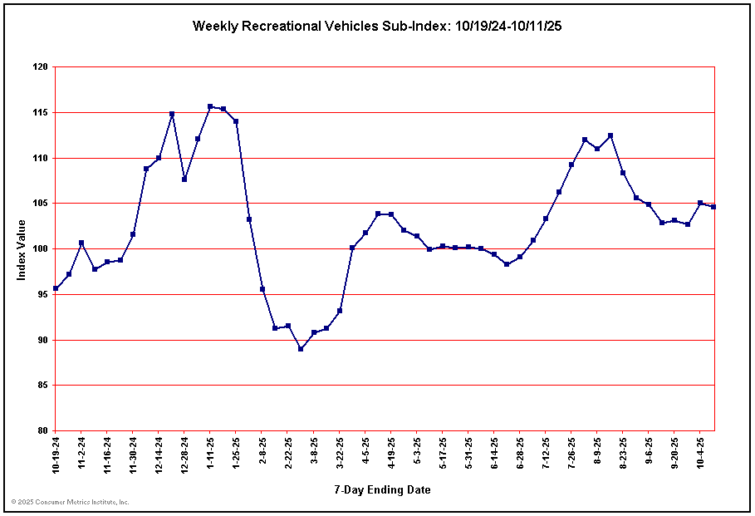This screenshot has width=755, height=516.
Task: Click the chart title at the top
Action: pos(378,26)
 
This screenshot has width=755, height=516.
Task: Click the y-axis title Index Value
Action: pos(22,249)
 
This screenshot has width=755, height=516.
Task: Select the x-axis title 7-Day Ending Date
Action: pos(383,489)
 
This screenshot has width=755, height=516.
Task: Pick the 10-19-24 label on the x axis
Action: pos(56,455)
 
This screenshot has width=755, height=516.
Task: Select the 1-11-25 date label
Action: pos(211,453)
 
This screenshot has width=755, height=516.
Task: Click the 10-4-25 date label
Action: pos(700,453)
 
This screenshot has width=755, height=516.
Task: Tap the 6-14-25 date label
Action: pos(494,453)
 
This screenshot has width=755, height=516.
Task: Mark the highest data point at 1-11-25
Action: pos(210,106)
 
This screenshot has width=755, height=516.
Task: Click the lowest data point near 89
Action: pos(301,349)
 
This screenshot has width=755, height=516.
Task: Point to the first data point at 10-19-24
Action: pos(56,288)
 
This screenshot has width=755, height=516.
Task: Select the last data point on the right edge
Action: pos(713,207)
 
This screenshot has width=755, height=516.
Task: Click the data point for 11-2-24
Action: pos(81,243)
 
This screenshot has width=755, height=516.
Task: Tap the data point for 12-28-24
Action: pos(184,179)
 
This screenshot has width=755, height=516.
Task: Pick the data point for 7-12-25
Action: pos(546,219)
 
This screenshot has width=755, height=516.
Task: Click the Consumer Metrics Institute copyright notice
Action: pos(70,502)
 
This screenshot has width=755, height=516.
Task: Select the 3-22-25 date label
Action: pos(340,453)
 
